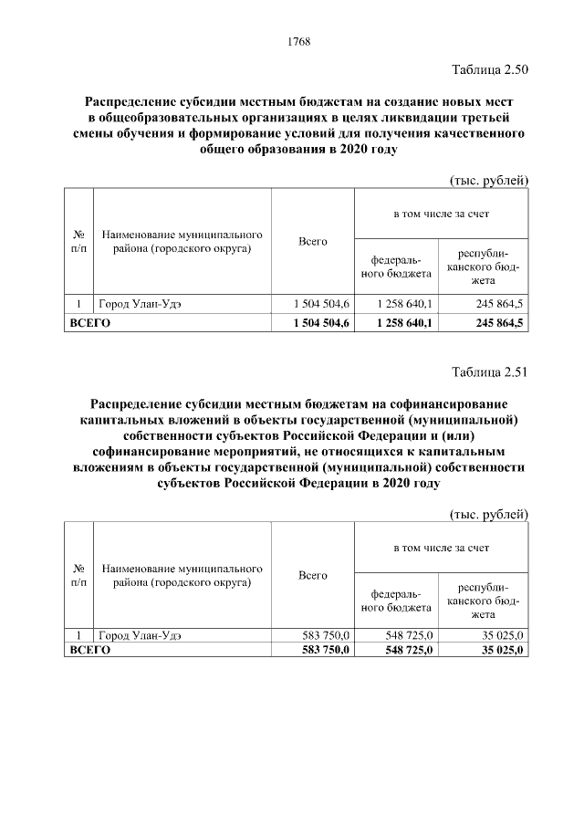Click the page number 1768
[x=299, y=41]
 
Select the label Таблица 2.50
[x=490, y=69]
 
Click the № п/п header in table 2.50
[x=78, y=241]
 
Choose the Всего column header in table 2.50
[x=313, y=241]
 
